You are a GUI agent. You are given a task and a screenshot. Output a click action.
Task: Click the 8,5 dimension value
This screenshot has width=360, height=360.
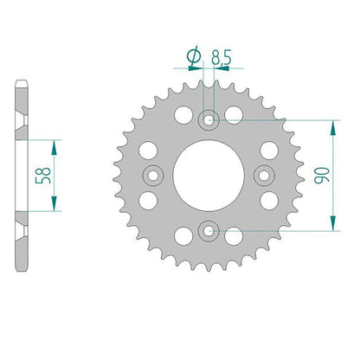tap(222, 57)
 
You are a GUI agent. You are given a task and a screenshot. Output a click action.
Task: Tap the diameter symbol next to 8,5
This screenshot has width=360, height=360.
tap(194, 55)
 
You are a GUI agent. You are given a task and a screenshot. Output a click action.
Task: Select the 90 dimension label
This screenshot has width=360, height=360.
tap(322, 176)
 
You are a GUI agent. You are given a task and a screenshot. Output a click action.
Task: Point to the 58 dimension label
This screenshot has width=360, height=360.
tap(43, 176)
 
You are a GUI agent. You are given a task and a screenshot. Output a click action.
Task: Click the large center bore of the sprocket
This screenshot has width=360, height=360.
tap(209, 176)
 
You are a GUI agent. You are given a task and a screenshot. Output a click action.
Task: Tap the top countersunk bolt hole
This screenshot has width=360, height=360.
tap(209, 119)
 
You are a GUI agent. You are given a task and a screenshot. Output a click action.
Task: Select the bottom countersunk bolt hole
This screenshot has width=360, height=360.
tap(209, 231)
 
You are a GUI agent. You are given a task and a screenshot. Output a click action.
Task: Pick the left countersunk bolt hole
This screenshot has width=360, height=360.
tap(153, 176)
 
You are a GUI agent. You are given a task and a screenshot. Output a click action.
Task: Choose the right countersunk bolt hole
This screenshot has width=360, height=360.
tap(264, 176)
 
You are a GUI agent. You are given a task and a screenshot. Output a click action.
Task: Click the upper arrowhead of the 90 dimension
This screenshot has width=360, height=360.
tap(333, 128)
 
